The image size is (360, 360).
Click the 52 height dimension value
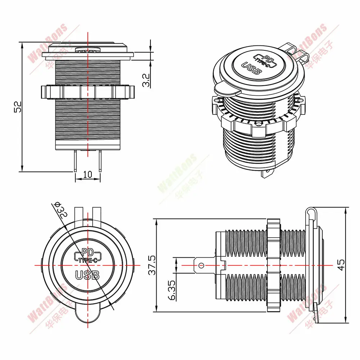tap(18, 107)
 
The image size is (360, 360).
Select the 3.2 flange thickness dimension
tap(146, 80)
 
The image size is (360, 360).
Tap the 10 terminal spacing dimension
tap(87, 175)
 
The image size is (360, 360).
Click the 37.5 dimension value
tap(152, 265)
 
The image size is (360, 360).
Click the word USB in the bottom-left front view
tap(87, 275)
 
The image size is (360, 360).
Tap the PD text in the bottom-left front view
tap(87, 253)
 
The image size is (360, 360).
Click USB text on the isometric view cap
tap(252, 68)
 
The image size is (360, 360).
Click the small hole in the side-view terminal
tap(201, 266)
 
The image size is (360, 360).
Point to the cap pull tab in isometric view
tap(226, 90)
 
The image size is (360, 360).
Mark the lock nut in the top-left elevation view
tap(87, 92)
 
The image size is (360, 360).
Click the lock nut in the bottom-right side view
tap(274, 265)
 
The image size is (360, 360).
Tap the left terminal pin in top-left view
tap(75, 161)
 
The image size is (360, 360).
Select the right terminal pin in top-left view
tap(100, 161)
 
